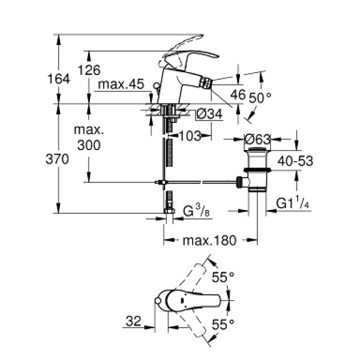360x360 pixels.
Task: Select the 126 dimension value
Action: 89,70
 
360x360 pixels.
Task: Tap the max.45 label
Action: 122,85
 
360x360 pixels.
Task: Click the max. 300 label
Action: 89,137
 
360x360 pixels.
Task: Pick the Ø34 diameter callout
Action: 209,113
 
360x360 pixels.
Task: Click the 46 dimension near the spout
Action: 238,95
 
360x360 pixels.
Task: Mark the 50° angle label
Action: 261,96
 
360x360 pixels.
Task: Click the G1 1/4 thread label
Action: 293,204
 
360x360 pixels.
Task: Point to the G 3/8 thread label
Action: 196,211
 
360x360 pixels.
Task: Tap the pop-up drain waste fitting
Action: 256,171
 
